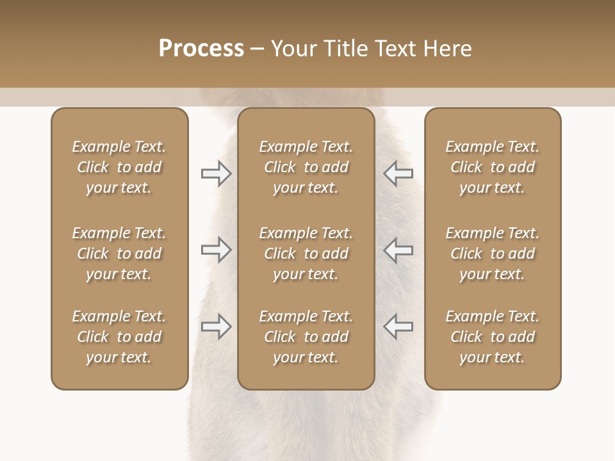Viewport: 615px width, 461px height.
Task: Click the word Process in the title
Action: pos(201,49)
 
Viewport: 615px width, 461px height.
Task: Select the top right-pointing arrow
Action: pos(216,174)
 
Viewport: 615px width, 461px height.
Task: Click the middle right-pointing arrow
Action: pos(216,250)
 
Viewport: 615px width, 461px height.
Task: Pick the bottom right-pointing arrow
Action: pos(216,327)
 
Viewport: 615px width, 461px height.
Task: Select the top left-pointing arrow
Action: pos(398,174)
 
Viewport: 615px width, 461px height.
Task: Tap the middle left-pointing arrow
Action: pos(398,250)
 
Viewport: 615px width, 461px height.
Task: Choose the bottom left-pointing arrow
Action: pos(398,327)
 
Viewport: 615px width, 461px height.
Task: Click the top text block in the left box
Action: pos(119,167)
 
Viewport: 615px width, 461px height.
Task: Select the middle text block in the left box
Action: pos(119,254)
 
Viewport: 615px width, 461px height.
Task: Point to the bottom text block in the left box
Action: pos(119,337)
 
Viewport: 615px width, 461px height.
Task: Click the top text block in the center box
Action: pos(306,167)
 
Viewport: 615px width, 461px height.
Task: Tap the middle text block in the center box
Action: pos(306,254)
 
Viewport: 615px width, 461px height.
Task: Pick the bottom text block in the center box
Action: pos(306,337)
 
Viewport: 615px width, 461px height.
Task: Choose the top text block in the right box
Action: pos(492,167)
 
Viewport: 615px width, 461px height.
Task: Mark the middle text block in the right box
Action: pos(492,254)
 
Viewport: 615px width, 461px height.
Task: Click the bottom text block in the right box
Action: pos(492,337)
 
